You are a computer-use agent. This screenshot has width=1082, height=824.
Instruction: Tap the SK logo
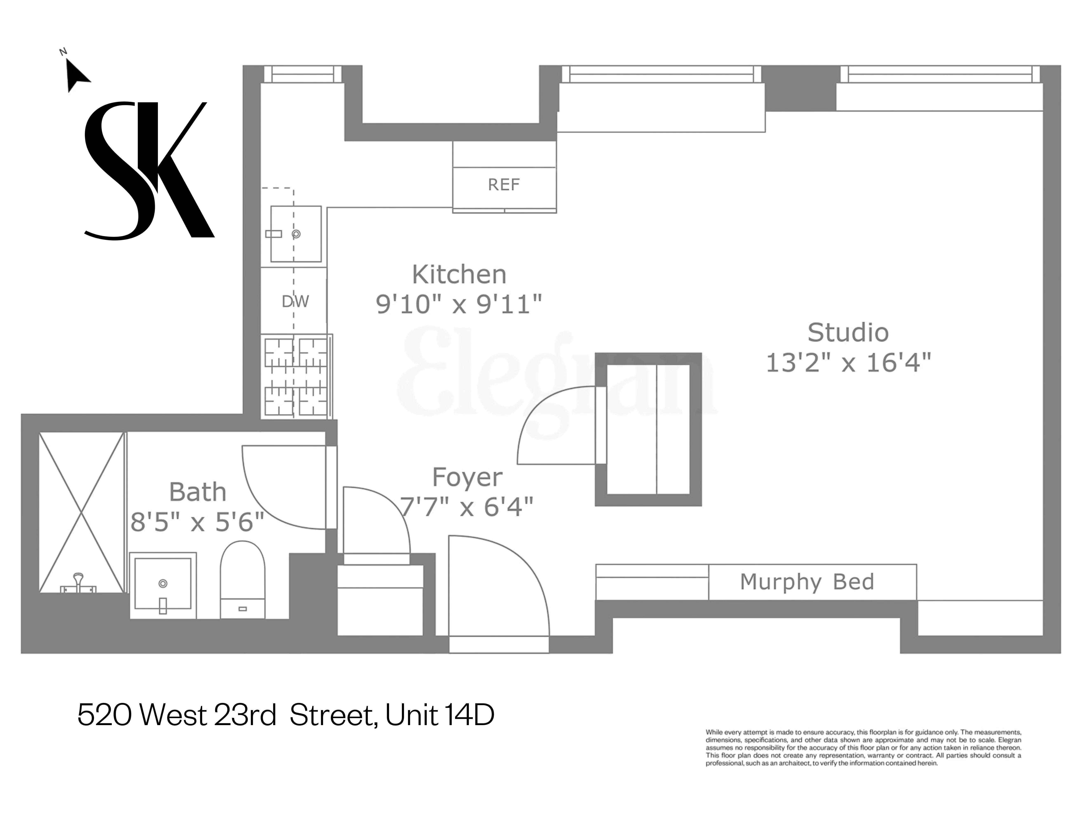pos(150,171)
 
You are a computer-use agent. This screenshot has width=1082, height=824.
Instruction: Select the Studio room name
pos(848,333)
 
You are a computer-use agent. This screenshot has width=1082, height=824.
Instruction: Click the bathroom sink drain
pos(163,584)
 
